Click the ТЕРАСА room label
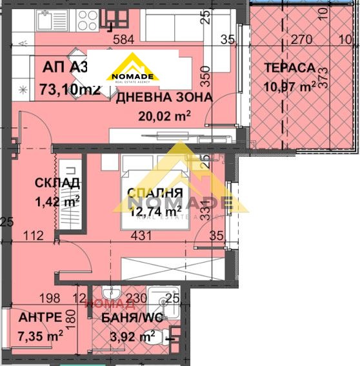(289, 68)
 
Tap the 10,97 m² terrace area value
(290, 85)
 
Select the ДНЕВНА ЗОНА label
(163, 97)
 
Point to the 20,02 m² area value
(164, 116)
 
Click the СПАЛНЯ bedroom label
(154, 192)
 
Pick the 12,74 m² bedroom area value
(155, 210)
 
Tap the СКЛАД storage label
(57, 183)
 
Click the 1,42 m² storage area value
(57, 200)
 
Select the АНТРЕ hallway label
(41, 318)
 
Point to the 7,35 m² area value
(41, 335)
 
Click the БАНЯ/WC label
(132, 318)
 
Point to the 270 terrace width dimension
(296, 39)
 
